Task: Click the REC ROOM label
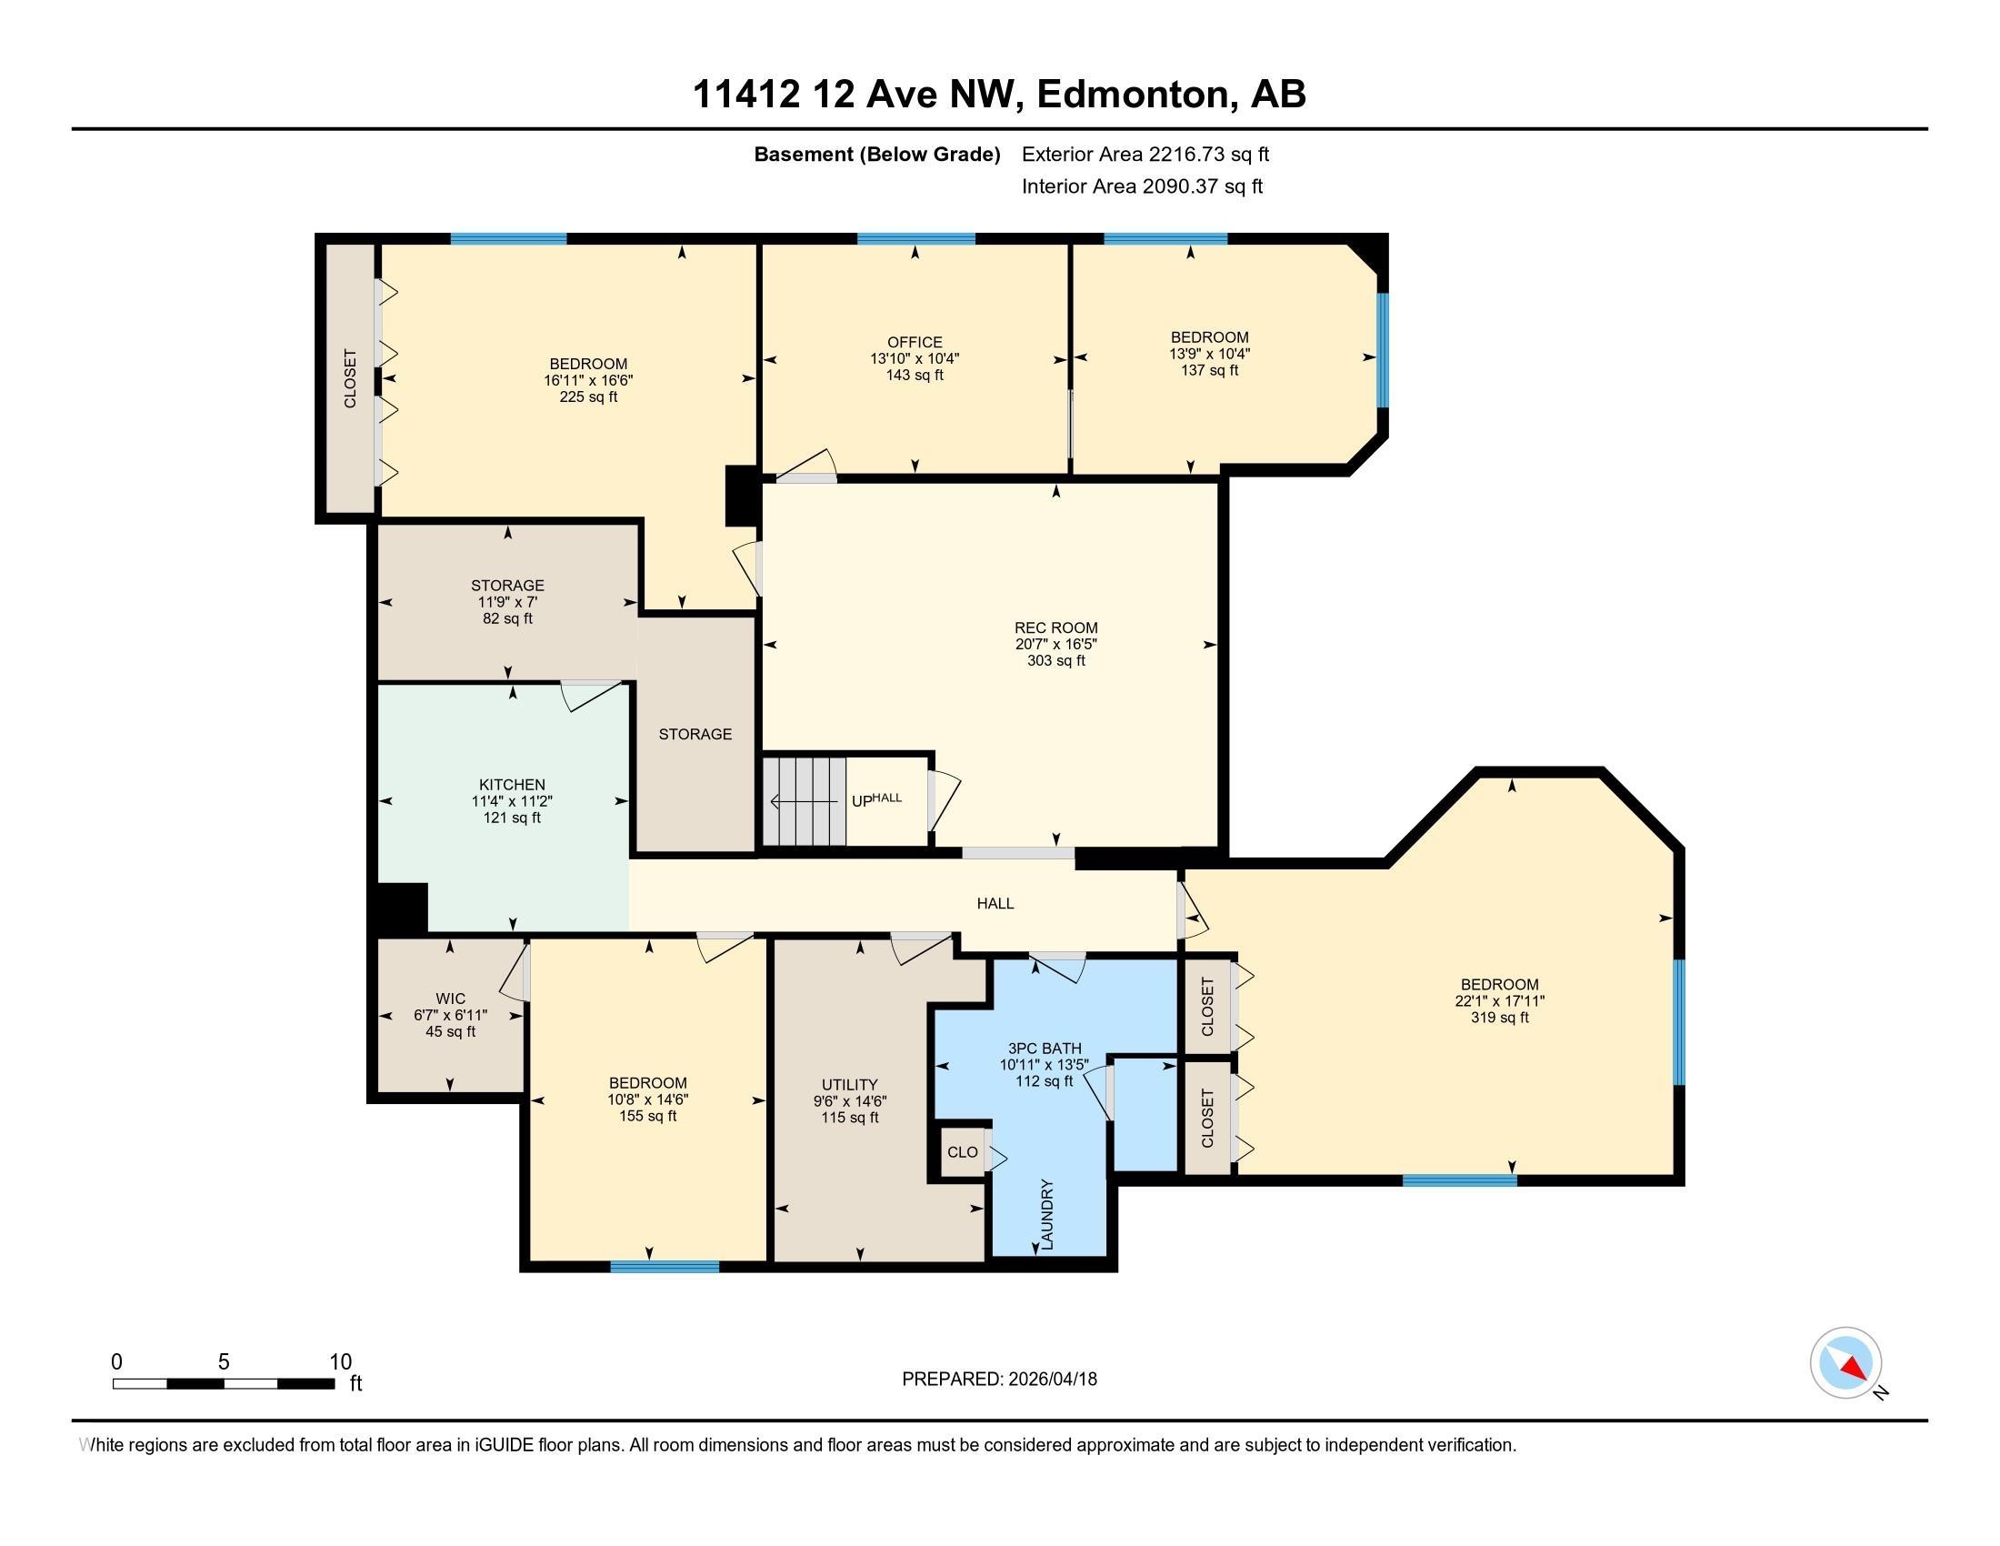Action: click(1055, 627)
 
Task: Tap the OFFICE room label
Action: click(915, 343)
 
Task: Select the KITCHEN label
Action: click(512, 785)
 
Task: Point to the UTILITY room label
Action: click(850, 1084)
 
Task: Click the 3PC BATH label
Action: click(1045, 1049)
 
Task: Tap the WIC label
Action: click(451, 999)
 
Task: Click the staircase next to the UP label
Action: click(805, 801)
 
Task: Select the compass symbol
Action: click(1846, 1363)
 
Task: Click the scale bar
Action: click(224, 1383)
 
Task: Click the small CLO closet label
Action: click(963, 1152)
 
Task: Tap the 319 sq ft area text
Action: click(1500, 1018)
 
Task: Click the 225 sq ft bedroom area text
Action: click(589, 397)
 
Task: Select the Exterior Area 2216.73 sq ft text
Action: click(1145, 154)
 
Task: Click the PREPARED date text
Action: click(999, 1379)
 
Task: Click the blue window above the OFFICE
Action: click(915, 239)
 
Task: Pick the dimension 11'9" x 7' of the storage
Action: click(507, 602)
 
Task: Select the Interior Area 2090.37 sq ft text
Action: click(1142, 186)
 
